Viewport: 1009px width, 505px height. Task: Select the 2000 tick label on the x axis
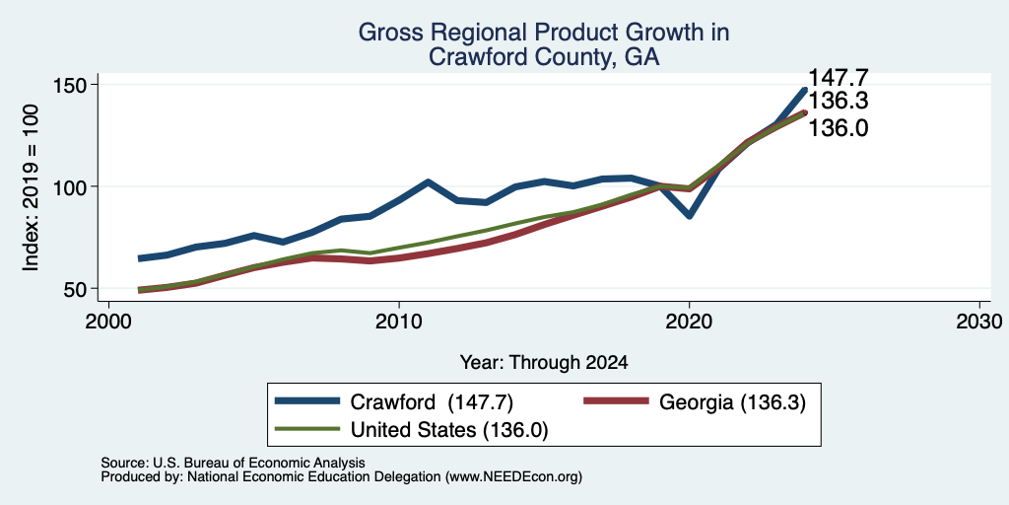(108, 320)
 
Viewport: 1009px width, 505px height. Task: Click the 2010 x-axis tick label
(399, 320)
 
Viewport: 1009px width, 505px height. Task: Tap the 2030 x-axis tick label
(979, 320)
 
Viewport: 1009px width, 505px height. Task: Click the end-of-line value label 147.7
(838, 78)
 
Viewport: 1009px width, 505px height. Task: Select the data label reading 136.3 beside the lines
(838, 102)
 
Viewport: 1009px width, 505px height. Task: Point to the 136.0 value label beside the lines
(838, 128)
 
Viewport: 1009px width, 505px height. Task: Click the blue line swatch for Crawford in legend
(307, 401)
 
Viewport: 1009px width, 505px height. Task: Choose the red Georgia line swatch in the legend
(615, 401)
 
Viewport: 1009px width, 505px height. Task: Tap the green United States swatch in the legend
(307, 428)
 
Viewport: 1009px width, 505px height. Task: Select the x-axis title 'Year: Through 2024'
(544, 363)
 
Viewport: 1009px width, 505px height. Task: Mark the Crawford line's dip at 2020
(689, 216)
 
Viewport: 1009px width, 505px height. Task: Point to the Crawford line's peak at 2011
(428, 182)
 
